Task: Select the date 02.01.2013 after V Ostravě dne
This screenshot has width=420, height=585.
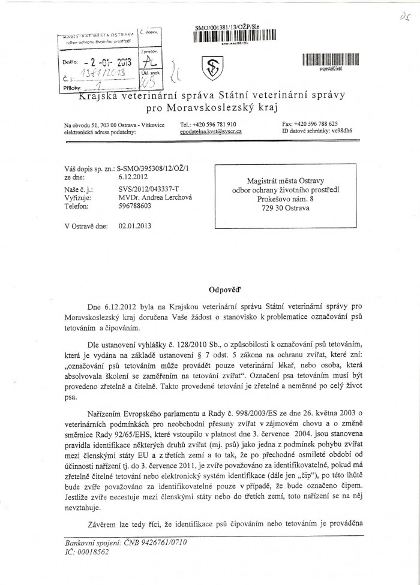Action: click(x=136, y=226)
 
